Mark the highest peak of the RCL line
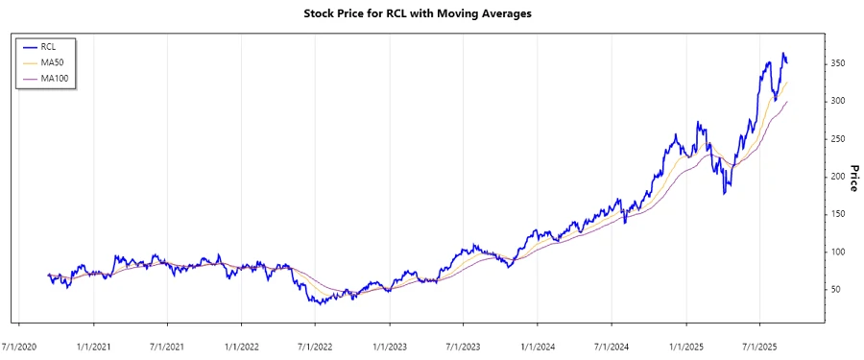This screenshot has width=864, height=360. (x=783, y=54)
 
